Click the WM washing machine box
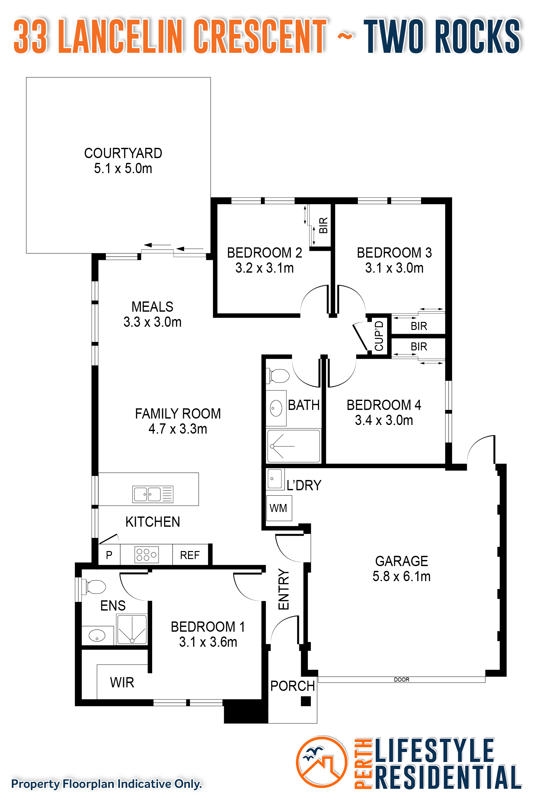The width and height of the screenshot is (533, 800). (279, 508)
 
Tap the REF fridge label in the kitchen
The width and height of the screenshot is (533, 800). (190, 555)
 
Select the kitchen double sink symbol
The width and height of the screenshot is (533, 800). (153, 494)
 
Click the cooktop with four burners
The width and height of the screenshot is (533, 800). (146, 555)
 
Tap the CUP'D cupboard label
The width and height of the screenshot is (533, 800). (379, 336)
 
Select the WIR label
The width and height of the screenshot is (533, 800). (122, 682)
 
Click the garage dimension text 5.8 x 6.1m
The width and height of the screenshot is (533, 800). (402, 576)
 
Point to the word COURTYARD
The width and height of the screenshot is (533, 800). (123, 153)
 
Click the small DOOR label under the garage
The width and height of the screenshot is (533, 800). (402, 680)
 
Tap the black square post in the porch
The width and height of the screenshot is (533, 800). (306, 701)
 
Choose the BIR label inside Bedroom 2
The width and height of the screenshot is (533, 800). (323, 225)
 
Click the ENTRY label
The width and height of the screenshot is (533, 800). (284, 589)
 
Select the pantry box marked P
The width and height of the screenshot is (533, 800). (109, 555)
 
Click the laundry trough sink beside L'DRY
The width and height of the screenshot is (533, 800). (275, 479)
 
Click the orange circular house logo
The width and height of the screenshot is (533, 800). (322, 762)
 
